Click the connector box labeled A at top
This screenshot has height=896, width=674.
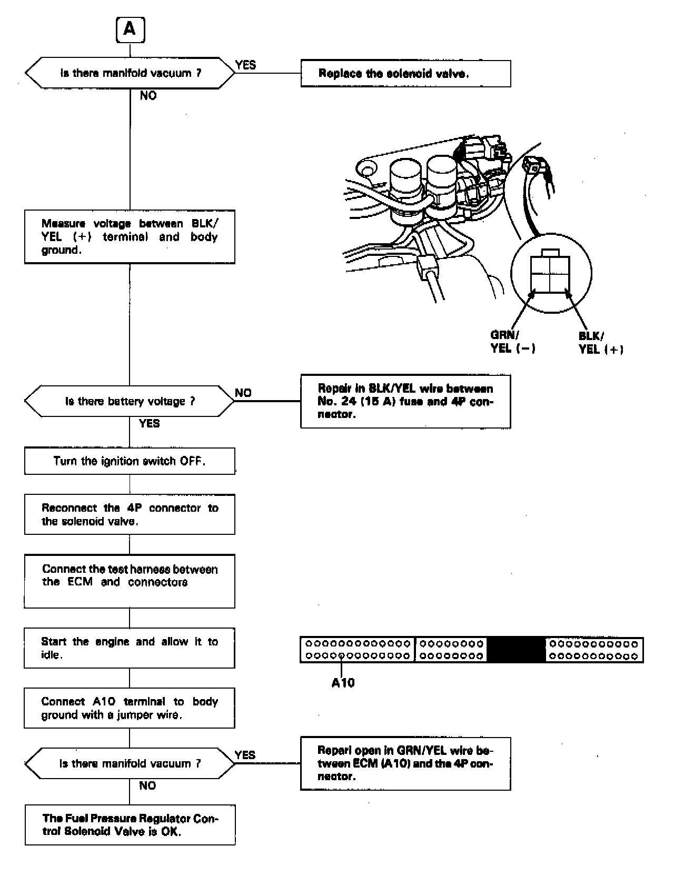pos(130,30)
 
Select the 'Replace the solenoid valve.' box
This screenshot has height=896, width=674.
pos(405,74)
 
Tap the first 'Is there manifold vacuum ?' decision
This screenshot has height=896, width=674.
pos(130,73)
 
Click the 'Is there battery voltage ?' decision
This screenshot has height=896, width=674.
pos(130,401)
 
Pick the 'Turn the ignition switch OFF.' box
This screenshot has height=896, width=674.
pos(130,461)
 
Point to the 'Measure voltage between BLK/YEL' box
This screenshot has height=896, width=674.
pos(130,237)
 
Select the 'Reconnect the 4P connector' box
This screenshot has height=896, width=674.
pos(130,514)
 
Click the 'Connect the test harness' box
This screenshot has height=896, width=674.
pos(130,581)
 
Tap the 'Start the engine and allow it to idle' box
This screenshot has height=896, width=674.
pos(130,648)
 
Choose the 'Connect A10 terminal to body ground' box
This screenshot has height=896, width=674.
pos(130,708)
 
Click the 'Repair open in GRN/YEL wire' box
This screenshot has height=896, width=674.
pos(405,763)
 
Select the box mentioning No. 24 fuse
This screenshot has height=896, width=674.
pos(405,401)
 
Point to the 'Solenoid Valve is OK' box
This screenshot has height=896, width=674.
pos(130,824)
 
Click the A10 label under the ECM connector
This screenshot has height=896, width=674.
pos(343,683)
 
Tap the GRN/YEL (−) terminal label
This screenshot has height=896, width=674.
pos(512,342)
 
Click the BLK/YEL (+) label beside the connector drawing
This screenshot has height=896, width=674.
pos(600,343)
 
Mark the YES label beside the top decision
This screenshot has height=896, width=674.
pos(245,65)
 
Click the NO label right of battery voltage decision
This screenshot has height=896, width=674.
pos(243,393)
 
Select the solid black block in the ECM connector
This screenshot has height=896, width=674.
pos(516,649)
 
